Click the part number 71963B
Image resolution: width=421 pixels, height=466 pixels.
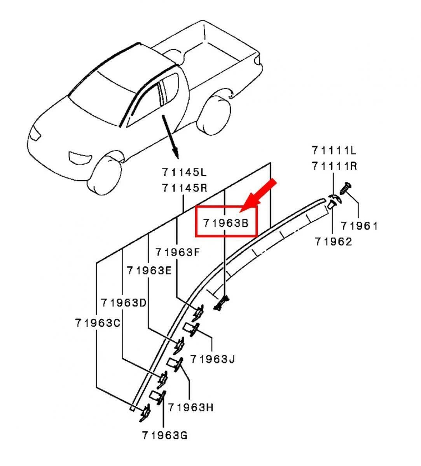tap(226, 223)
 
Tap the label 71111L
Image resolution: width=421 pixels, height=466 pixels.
tap(334, 150)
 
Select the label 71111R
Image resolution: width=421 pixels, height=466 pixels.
tap(334, 166)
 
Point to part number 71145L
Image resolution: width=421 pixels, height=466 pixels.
tap(184, 172)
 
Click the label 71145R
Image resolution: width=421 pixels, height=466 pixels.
tap(184, 188)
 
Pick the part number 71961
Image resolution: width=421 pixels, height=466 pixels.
tap(359, 226)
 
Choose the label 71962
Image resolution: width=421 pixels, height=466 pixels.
tap(334, 242)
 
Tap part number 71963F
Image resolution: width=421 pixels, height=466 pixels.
tap(178, 252)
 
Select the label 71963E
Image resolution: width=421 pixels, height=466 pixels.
tap(149, 270)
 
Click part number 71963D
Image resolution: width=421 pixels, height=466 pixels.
tap(124, 303)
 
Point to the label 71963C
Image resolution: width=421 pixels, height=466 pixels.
tap(98, 323)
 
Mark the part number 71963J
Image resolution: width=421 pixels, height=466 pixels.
tap(213, 359)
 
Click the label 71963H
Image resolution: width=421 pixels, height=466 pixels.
tap(190, 407)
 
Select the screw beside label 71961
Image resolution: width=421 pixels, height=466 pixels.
tap(346, 188)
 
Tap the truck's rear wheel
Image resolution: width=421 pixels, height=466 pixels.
tap(213, 115)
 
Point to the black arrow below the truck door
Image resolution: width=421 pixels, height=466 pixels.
tap(171, 137)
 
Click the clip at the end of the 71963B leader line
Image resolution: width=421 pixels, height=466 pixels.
tap(222, 303)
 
